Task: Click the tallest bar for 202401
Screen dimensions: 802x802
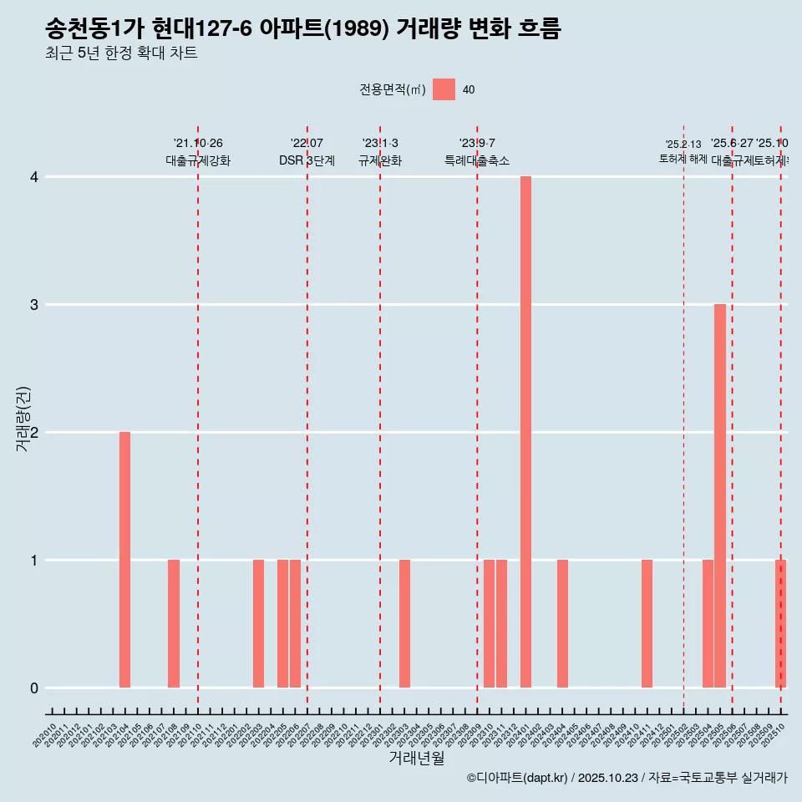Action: pyautogui.click(x=525, y=432)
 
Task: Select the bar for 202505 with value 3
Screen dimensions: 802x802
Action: pyautogui.click(x=719, y=495)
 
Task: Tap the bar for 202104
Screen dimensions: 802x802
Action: pyautogui.click(x=124, y=560)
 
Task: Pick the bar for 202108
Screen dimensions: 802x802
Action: pyautogui.click(x=174, y=623)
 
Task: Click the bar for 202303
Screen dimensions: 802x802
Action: pyautogui.click(x=404, y=623)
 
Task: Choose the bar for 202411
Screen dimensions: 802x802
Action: pyautogui.click(x=647, y=623)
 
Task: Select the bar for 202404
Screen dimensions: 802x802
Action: pyautogui.click(x=562, y=623)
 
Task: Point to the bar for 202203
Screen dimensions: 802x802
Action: pyautogui.click(x=259, y=623)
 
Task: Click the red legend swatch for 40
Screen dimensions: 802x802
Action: pyautogui.click(x=444, y=89)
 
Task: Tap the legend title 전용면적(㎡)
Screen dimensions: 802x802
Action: pyautogui.click(x=392, y=90)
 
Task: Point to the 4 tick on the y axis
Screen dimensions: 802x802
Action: pyautogui.click(x=34, y=177)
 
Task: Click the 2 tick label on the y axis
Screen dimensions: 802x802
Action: pyautogui.click(x=34, y=433)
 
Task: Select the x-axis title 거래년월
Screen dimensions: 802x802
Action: pyautogui.click(x=416, y=758)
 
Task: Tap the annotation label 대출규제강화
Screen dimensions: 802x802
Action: pyautogui.click(x=198, y=161)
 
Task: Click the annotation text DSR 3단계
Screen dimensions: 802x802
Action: pyautogui.click(x=307, y=161)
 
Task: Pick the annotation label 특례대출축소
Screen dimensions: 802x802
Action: pyautogui.click(x=477, y=161)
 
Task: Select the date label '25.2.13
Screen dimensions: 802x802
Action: pyautogui.click(x=683, y=145)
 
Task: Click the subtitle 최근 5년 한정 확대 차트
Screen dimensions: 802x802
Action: pyautogui.click(x=121, y=54)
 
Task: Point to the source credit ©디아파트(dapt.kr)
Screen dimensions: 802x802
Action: pyautogui.click(x=517, y=778)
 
